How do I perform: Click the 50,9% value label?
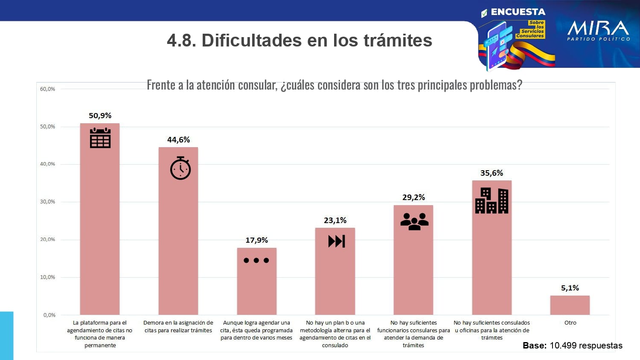coord(100,116)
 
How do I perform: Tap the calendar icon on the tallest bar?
coord(100,138)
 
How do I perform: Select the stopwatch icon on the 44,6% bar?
coord(180,168)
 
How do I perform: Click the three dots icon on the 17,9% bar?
coord(256,260)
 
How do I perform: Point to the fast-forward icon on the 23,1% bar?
coord(336,241)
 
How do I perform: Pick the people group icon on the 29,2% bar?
coord(414,221)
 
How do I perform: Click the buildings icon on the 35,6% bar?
coord(492,200)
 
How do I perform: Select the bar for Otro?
coord(570,305)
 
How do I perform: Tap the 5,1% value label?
coord(570,288)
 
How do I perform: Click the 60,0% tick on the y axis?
coord(47,89)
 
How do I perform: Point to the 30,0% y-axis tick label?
coord(47,202)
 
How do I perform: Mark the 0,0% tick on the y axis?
coord(49,315)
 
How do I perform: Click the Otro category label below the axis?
coord(570,323)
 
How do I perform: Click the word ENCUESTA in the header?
coord(518,12)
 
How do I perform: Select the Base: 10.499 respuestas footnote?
coord(572,345)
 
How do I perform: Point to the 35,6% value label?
coord(492,173)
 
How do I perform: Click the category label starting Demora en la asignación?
coord(178,327)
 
